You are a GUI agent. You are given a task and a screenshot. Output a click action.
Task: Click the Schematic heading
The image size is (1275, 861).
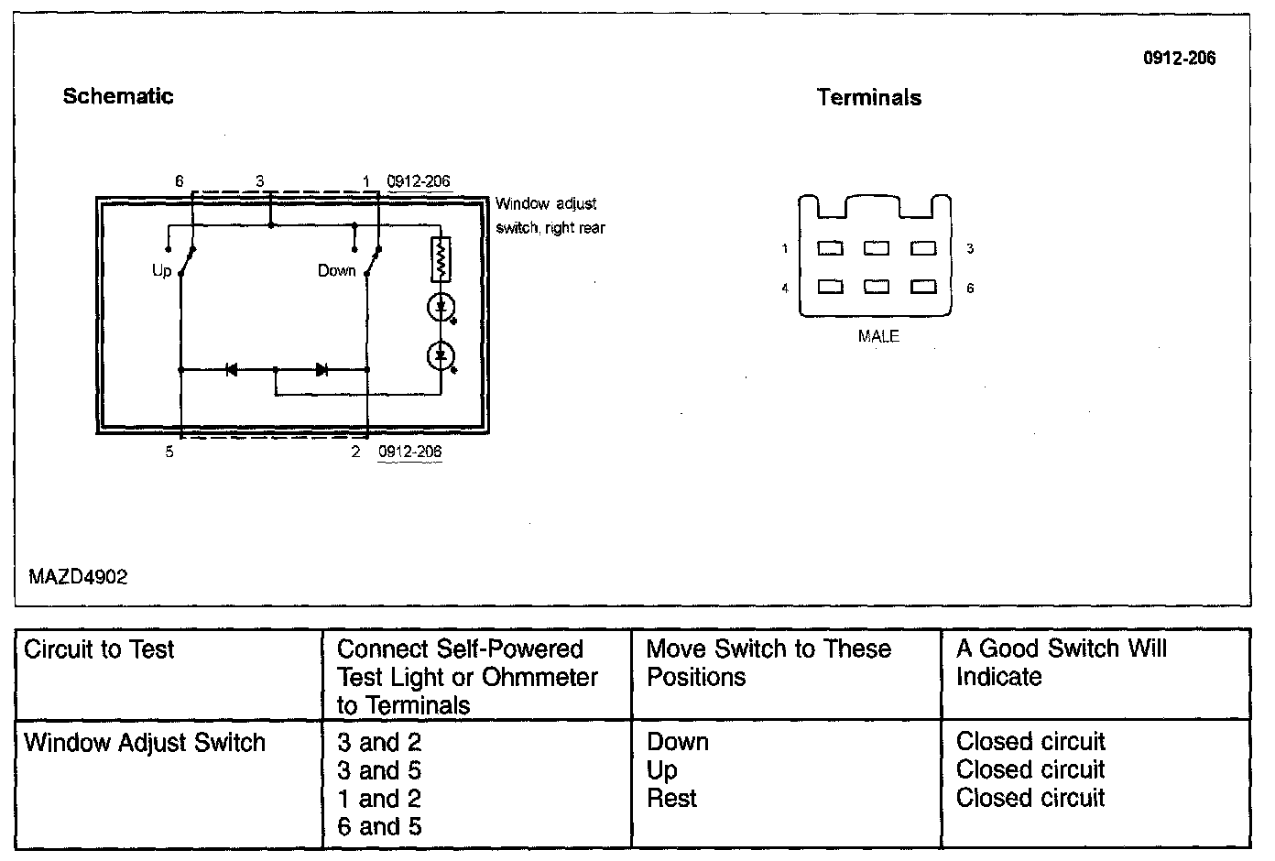(117, 96)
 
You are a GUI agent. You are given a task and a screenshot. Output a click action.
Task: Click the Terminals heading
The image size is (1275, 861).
(868, 98)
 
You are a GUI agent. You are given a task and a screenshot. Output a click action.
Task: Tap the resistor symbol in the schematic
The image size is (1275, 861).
(441, 259)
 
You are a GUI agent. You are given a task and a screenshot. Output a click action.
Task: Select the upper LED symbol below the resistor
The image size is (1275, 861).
(441, 307)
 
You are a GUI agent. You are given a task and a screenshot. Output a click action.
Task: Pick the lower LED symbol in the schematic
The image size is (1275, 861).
(441, 354)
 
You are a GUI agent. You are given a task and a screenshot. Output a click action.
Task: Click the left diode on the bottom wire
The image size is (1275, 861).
(231, 370)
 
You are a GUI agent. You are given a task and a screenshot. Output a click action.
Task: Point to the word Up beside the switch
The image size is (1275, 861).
(161, 271)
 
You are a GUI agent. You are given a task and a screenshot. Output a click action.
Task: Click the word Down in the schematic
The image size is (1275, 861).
(336, 271)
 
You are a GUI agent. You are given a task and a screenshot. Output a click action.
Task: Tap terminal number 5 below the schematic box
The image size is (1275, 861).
(169, 452)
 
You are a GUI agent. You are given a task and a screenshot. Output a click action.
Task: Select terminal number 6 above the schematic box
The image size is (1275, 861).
(180, 181)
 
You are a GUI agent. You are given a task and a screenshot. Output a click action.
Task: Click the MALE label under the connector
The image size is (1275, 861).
(878, 336)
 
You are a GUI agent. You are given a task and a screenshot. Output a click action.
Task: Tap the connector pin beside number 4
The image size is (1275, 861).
(830, 288)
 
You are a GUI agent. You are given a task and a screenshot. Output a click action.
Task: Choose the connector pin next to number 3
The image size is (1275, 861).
(924, 248)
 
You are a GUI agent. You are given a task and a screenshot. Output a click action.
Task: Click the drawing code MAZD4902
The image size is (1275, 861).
(78, 577)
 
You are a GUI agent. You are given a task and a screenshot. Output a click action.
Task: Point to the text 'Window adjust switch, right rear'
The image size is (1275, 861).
(550, 216)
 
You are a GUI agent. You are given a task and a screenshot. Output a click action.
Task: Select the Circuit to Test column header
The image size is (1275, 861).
(99, 650)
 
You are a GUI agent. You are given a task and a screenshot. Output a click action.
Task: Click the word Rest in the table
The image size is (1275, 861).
(671, 799)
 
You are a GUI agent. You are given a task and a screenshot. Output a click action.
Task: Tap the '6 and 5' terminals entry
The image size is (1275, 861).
(379, 827)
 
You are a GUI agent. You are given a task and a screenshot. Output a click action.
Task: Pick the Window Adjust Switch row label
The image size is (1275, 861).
(145, 743)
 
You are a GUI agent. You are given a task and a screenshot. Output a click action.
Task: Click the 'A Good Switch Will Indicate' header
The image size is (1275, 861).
(1061, 663)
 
